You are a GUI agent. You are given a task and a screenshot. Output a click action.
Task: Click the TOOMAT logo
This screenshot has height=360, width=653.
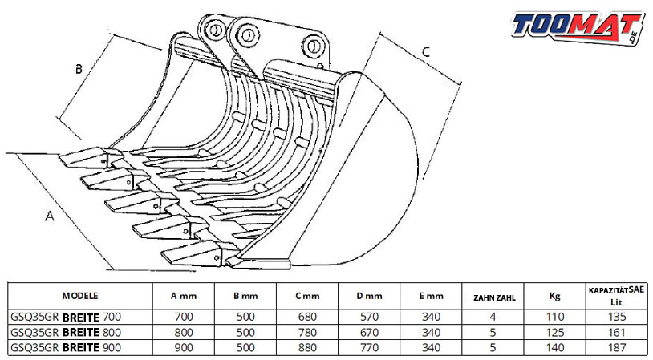(x=578, y=27)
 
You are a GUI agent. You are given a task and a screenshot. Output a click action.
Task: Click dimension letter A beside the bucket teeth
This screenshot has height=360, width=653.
(x=50, y=216)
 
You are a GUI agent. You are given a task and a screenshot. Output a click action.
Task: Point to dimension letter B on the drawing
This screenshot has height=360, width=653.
(x=79, y=69)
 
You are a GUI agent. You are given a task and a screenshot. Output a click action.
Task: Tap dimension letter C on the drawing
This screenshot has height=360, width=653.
(x=426, y=51)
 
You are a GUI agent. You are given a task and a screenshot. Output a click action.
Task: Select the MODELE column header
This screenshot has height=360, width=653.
(x=80, y=296)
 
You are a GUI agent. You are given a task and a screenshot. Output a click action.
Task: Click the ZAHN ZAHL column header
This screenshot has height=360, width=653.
(x=494, y=297)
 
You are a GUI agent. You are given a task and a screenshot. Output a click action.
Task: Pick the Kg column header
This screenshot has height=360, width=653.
(x=554, y=296)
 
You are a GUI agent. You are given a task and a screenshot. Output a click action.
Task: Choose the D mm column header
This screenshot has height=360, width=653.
(x=369, y=297)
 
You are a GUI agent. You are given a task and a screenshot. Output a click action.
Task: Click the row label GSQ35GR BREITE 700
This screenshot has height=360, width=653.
(x=66, y=318)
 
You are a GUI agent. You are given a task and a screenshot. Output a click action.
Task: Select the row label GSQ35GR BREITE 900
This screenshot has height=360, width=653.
(x=66, y=347)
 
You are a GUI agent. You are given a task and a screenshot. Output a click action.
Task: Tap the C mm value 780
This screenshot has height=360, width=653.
(x=307, y=333)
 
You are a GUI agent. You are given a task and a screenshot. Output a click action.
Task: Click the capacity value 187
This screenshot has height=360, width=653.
(x=617, y=347)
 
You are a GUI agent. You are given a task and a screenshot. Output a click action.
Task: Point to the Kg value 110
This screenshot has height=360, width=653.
(x=555, y=318)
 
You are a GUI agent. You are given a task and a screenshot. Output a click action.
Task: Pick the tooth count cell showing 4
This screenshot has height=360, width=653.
(x=493, y=318)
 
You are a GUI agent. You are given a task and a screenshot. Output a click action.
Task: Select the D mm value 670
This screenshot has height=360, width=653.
(x=369, y=333)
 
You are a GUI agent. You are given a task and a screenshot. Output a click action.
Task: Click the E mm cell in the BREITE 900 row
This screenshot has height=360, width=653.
(x=431, y=347)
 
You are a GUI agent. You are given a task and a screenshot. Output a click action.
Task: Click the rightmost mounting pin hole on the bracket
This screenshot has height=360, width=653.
(x=314, y=46)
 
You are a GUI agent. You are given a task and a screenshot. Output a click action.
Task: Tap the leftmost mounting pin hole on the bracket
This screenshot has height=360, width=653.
(x=215, y=30)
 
